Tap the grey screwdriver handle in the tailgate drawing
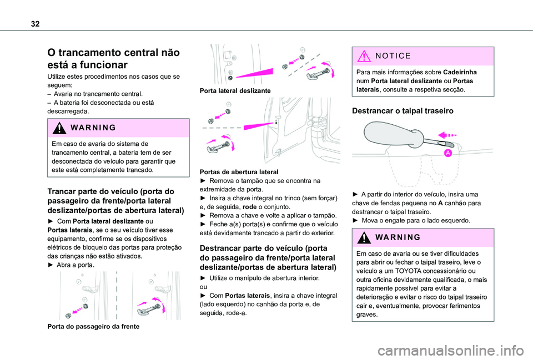[389, 136]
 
